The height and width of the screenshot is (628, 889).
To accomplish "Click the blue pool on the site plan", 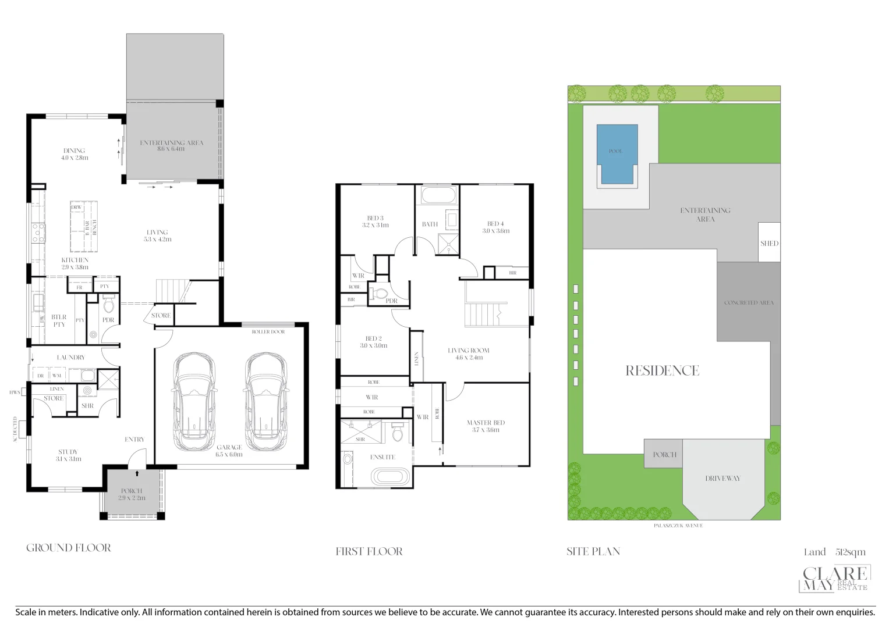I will click(617, 154).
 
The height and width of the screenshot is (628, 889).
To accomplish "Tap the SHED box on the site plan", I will click(768, 243).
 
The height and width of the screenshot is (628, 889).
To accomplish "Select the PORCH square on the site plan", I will click(664, 454).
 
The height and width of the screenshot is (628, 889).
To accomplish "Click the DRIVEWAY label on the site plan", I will click(722, 479).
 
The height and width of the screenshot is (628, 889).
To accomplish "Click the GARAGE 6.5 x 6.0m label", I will click(229, 451).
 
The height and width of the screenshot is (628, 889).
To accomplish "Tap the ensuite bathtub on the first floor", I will click(391, 477).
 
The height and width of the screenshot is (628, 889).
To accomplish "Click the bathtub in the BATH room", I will click(437, 195).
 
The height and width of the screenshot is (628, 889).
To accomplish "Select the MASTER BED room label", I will click(486, 426).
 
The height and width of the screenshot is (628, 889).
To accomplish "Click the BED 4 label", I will click(495, 227).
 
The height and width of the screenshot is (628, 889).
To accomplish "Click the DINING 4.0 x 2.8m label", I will click(74, 154).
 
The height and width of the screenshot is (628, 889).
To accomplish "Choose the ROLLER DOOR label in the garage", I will click(268, 332).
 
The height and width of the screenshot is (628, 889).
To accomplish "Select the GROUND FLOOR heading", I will click(69, 548).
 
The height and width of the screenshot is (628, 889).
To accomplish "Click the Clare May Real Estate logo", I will click(835, 579).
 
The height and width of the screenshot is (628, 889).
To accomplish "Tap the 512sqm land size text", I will click(850, 552).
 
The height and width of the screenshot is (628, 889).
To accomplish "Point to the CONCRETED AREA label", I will click(749, 303).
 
